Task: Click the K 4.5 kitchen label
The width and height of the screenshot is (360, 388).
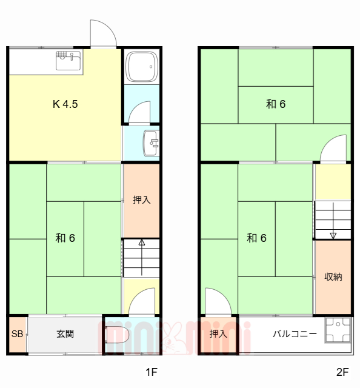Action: pos(65,104)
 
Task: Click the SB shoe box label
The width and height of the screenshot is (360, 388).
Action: pos(17,334)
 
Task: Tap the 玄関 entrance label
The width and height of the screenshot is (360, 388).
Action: pos(65,334)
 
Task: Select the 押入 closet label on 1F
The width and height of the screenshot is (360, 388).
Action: pos(141,199)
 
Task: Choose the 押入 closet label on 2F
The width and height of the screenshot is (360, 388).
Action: pos(218,334)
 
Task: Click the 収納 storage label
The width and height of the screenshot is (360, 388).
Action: pos(333,276)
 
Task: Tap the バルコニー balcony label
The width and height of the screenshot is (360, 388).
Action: pos(294,334)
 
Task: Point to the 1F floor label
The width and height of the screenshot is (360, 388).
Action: pos(150,372)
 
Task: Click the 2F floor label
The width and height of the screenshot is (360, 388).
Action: pos(342,372)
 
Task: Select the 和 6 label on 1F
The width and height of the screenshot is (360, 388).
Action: pos(65,238)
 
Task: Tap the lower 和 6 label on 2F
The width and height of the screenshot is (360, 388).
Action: pos(256,238)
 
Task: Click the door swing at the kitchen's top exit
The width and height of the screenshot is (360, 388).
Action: pos(102,33)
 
